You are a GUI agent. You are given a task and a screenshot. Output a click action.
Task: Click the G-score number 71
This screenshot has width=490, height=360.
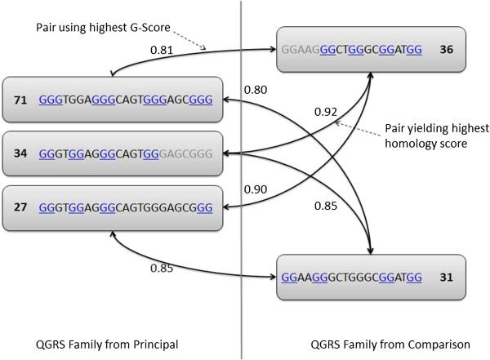tap(20, 100)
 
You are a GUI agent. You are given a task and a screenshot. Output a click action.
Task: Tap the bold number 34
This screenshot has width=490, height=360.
tap(20, 153)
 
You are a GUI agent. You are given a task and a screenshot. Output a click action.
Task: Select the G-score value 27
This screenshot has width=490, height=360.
tap(20, 207)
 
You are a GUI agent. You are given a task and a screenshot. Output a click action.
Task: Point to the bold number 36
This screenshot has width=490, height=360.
tap(446, 49)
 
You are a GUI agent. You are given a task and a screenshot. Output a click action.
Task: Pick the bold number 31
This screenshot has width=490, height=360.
tap(446, 278)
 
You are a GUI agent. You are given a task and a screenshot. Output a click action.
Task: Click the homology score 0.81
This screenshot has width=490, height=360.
tap(162, 50)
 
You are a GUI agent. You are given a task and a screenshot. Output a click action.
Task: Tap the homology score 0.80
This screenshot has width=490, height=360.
tap(256, 90)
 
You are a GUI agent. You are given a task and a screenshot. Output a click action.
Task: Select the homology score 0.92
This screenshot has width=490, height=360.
tap(326, 112)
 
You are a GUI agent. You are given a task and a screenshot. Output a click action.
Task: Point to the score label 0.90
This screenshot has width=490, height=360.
tap(256, 189)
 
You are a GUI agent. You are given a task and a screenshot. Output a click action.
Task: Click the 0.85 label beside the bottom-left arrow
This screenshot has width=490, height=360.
tap(162, 268)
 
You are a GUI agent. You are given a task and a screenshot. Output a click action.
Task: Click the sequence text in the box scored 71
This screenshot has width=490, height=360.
tap(126, 100)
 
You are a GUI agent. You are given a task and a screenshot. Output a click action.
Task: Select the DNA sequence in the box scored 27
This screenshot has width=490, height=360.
tap(126, 207)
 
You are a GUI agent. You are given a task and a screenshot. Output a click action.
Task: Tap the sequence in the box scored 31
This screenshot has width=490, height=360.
tap(351, 278)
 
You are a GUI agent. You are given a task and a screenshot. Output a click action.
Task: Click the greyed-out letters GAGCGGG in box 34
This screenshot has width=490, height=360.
tap(186, 153)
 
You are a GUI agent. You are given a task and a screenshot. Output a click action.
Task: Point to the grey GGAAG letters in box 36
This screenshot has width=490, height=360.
tap(301, 50)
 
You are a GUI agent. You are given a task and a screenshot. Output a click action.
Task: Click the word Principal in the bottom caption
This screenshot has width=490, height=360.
tap(156, 344)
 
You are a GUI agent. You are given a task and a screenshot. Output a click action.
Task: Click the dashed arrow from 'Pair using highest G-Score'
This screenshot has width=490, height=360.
tap(190, 40)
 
